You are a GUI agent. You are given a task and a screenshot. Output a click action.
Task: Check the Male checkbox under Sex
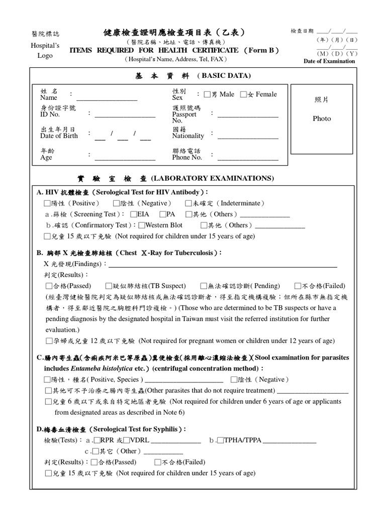(207, 94)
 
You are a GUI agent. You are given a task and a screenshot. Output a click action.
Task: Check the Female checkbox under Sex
(243, 94)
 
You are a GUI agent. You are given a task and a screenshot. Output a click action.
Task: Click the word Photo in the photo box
(322, 119)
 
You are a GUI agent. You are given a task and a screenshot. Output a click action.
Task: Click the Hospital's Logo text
(45, 50)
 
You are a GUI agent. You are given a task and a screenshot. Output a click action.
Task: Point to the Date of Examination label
(329, 61)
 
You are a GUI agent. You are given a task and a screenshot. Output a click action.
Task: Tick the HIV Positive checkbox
(47, 204)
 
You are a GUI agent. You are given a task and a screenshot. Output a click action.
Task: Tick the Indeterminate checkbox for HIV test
(188, 204)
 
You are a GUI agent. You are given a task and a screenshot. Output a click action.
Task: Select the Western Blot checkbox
(141, 225)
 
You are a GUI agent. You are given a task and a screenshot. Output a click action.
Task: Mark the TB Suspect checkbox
(109, 286)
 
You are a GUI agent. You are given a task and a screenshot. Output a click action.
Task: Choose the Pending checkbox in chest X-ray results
(204, 286)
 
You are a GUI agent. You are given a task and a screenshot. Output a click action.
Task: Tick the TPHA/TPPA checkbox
(220, 441)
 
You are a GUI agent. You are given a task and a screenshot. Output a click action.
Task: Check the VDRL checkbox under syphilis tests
(126, 441)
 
